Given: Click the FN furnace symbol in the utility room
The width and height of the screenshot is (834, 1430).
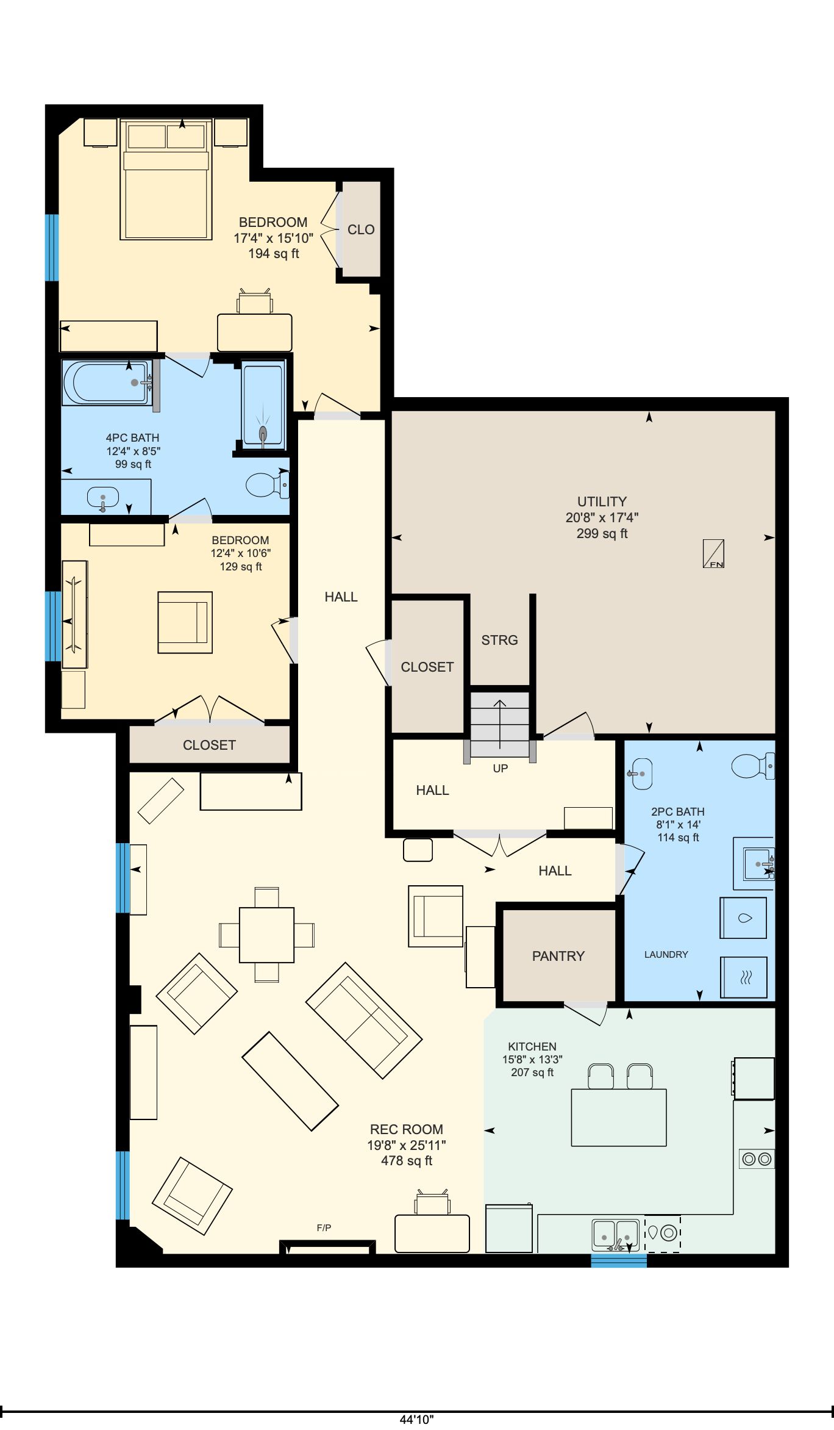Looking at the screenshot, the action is click(x=713, y=553).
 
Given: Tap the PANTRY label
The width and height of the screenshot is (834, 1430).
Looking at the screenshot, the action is click(x=558, y=956).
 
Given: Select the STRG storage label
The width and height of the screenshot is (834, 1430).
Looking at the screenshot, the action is click(x=499, y=640).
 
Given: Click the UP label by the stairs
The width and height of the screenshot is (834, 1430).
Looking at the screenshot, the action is click(x=500, y=768).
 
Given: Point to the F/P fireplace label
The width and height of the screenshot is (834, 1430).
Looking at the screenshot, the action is click(x=324, y=1227).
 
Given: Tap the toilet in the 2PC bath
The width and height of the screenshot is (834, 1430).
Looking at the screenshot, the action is click(x=753, y=766).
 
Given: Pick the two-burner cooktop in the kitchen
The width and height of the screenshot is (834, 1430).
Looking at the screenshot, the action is click(x=757, y=1159).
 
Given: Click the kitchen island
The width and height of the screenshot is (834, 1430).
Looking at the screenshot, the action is click(x=619, y=1117).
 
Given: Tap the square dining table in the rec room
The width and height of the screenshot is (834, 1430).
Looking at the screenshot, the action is click(x=266, y=935).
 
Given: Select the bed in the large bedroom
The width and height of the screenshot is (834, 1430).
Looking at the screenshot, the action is click(x=166, y=179).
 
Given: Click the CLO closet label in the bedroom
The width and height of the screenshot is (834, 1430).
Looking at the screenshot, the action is click(x=361, y=230).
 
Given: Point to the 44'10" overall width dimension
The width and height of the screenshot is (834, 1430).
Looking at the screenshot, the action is click(x=417, y=1419).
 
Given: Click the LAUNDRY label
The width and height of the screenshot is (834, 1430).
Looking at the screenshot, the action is click(x=666, y=954).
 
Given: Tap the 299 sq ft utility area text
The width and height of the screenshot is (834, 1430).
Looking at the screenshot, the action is click(x=602, y=534).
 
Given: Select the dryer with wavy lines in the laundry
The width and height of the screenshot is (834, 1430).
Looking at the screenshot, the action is click(x=744, y=977).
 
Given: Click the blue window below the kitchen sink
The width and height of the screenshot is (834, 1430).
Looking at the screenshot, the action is click(x=619, y=1260).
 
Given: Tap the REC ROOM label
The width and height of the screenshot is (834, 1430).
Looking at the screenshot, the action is click(x=407, y=1129).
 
